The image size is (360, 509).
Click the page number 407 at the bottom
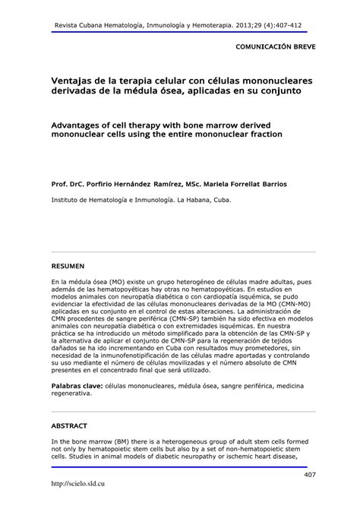pos(308,476)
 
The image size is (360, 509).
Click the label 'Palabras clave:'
pos(77,387)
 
